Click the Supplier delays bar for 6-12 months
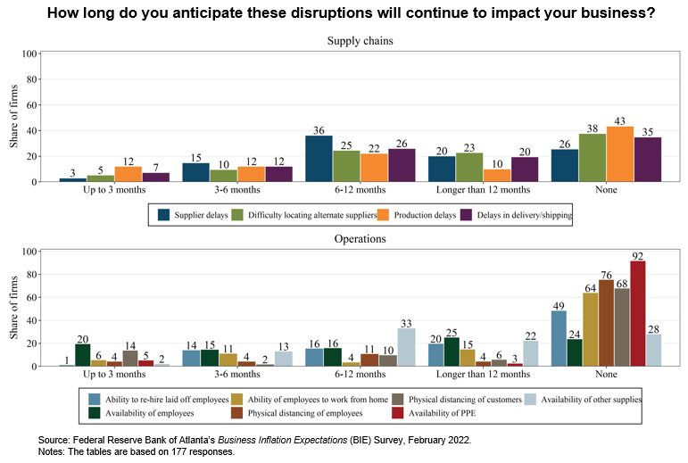click(x=319, y=159)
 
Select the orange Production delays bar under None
click(x=620, y=154)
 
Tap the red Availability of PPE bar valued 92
click(x=637, y=313)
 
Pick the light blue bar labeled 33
click(x=406, y=347)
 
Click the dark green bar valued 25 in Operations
click(x=452, y=351)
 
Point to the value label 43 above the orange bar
click(x=619, y=121)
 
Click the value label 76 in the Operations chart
click(x=606, y=275)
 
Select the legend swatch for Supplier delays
click(x=163, y=215)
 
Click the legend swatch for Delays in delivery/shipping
click(x=466, y=215)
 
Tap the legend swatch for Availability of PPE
click(x=397, y=413)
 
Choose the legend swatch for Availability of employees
click(x=95, y=413)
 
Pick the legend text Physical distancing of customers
click(x=465, y=400)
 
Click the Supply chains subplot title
click(x=361, y=41)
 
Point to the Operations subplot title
click(x=361, y=238)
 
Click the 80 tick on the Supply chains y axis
click(x=30, y=79)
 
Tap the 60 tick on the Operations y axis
click(x=30, y=297)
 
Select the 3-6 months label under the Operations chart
click(x=237, y=374)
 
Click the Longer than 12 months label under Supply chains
click(x=483, y=190)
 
